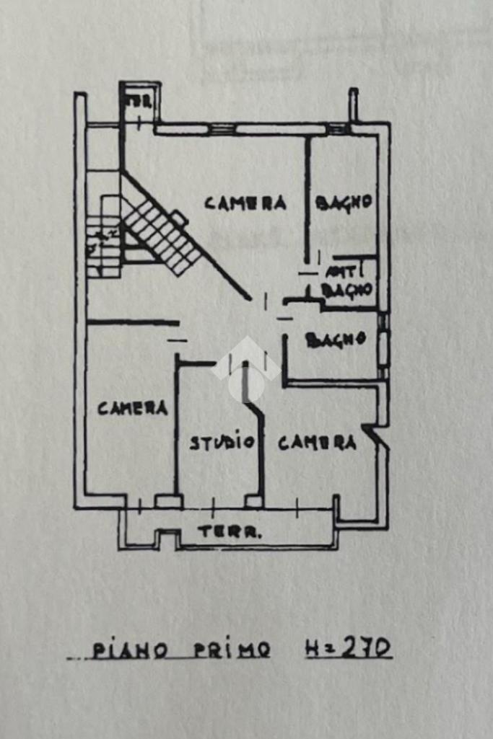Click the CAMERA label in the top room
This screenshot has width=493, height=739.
click(x=245, y=203)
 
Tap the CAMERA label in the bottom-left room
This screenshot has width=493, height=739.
click(x=133, y=408)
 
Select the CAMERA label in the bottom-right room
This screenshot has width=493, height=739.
click(x=317, y=443)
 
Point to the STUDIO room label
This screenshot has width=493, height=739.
click(x=222, y=442)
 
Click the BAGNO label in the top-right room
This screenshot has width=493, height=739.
click(x=344, y=203)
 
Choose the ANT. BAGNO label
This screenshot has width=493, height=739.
click(x=347, y=282)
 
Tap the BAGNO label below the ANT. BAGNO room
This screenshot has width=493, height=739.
click(x=336, y=340)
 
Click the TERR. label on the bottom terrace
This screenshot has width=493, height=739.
click(x=230, y=533)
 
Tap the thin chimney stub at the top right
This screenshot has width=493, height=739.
click(x=353, y=105)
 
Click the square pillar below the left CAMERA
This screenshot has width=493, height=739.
click(x=168, y=500)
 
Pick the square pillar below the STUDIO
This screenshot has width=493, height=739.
click(x=253, y=500)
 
